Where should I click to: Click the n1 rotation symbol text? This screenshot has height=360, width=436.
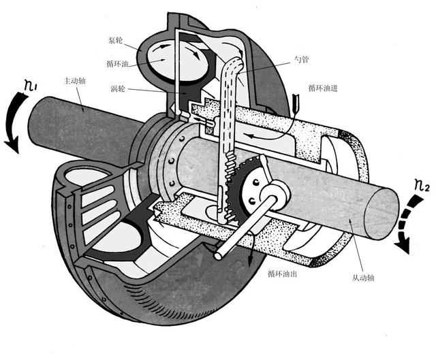tap(31, 87)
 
